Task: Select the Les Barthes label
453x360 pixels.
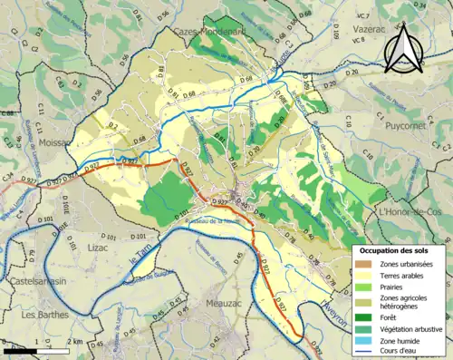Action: pos(42,315)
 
